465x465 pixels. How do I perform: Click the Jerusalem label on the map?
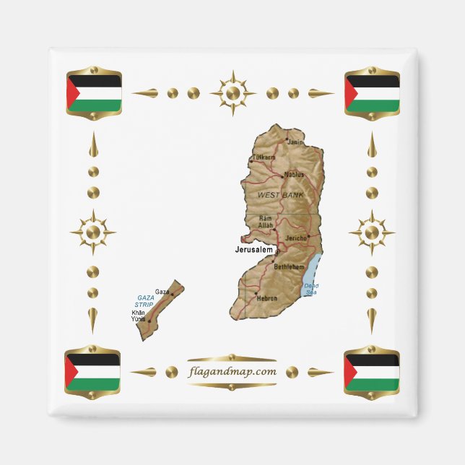coord(254,249)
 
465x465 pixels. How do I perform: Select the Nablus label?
coord(294,174)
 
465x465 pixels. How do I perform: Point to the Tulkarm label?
coord(264,157)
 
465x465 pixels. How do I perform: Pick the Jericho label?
coord(296,238)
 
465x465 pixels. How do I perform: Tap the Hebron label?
coord(267,297)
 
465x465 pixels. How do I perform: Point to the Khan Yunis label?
coord(139,316)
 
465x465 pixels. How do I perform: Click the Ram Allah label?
coord(265,222)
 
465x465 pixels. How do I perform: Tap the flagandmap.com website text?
coord(232,372)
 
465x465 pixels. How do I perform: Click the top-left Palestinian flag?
coord(93,92)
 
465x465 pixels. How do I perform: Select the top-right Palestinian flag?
coord(372,92)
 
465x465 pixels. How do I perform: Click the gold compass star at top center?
coord(232,93)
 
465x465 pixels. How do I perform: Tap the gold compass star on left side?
coord(92,232)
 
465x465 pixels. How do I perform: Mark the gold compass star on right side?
coord(372,232)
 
